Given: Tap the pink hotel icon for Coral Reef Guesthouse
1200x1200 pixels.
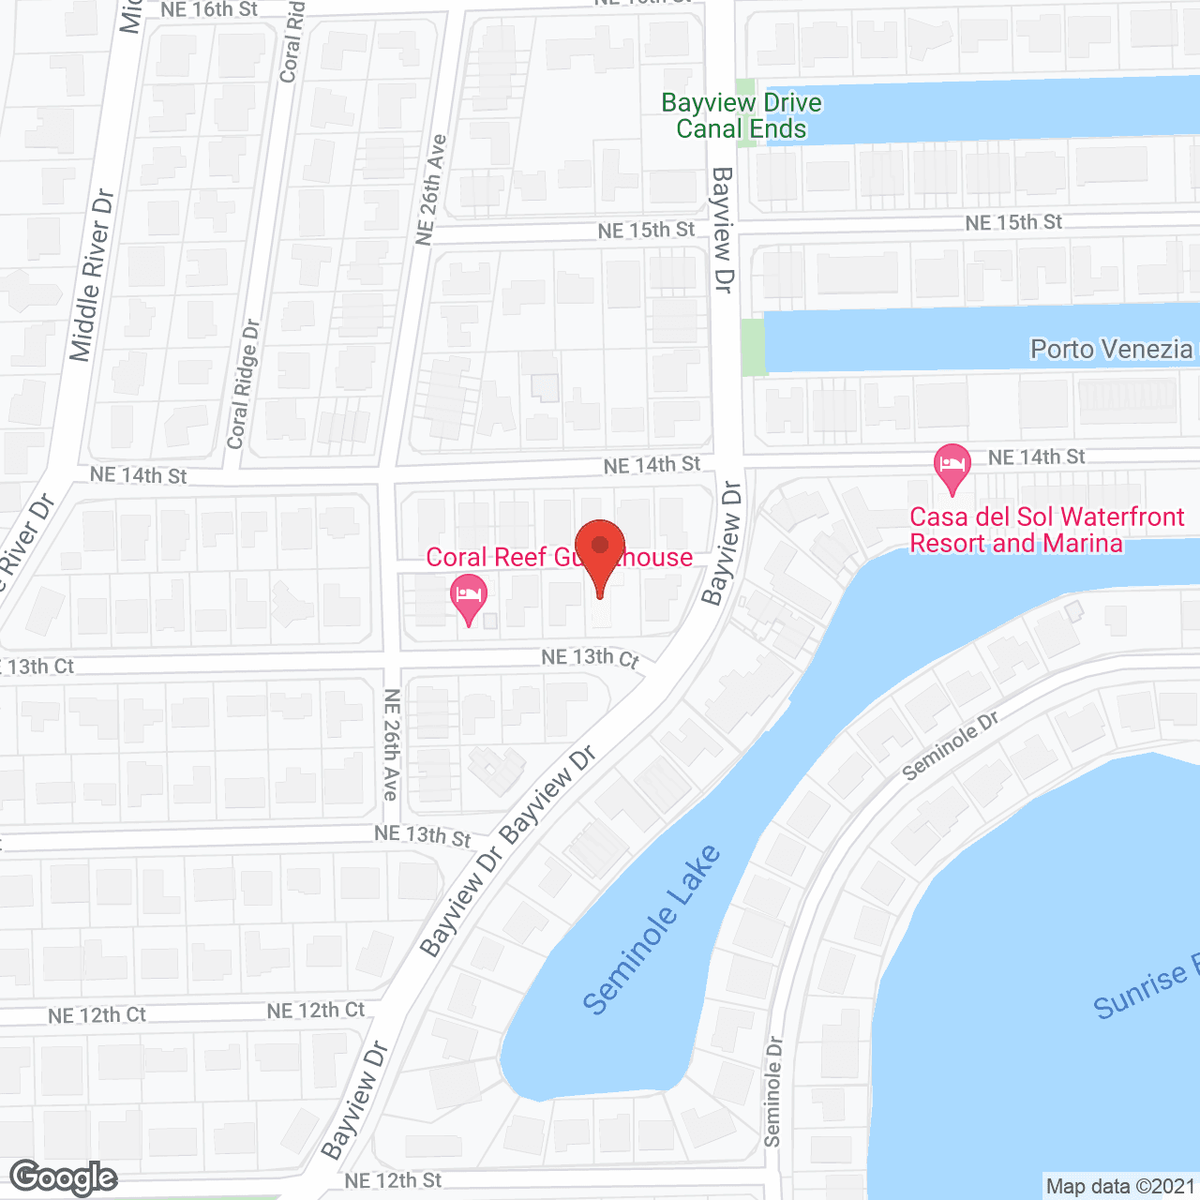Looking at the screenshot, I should pos(468,596).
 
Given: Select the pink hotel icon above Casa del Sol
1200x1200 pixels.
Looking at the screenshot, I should pos(952,466).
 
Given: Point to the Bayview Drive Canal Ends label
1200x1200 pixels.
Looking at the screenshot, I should pos(741,115).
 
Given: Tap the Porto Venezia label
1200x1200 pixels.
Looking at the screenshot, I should pos(1111,350).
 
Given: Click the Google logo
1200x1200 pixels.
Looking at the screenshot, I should pos(64,1177).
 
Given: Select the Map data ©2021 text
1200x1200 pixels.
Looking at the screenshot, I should pos(1120,1186).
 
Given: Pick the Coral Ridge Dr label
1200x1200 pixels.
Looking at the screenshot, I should pos(244,383).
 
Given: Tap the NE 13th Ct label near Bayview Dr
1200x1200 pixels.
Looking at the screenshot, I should pos(590,658).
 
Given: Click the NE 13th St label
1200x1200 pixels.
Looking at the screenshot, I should pos(422,834).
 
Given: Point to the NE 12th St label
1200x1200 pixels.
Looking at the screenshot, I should pos(393,1180).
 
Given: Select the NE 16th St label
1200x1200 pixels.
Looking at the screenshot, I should pos(209,9).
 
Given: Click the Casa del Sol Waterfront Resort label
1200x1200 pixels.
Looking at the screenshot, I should pos(1046,530).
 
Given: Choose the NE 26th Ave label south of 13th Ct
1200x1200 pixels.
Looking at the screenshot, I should pos(392,745).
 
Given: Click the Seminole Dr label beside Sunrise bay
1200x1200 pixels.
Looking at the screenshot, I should pos(950,746).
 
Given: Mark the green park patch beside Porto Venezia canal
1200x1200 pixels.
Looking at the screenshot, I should pos(753,347).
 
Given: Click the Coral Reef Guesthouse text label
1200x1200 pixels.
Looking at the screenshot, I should pos(559,558).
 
